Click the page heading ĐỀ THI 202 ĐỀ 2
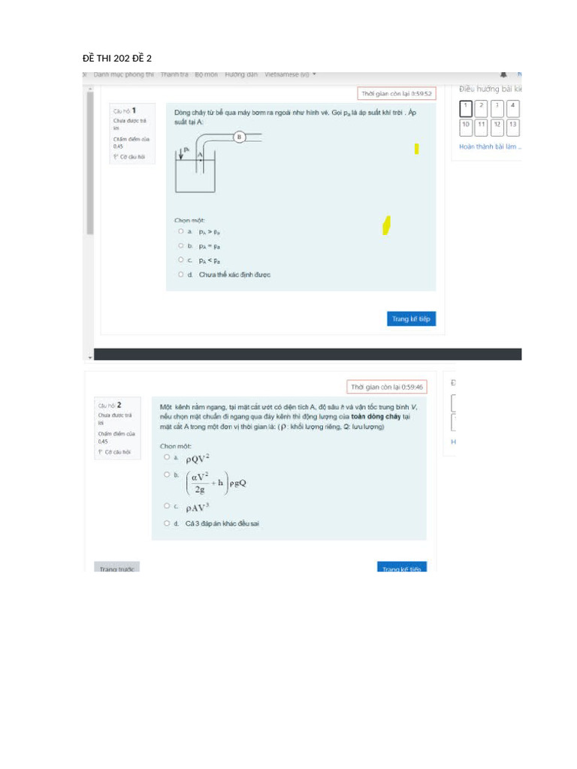[116, 58]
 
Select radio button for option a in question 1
[181, 231]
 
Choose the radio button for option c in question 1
[181, 260]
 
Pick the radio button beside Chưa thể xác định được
[181, 274]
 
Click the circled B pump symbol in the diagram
[239, 137]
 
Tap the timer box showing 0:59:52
[396, 94]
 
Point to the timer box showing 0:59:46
[387, 387]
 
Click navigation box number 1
[466, 107]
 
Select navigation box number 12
[497, 125]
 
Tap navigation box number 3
[497, 107]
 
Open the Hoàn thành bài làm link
[488, 146]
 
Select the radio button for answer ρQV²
[167, 457]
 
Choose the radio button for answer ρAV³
[167, 506]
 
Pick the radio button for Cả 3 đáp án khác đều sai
[167, 523]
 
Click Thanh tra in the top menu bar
[174, 74]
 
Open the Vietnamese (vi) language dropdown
[290, 74]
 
